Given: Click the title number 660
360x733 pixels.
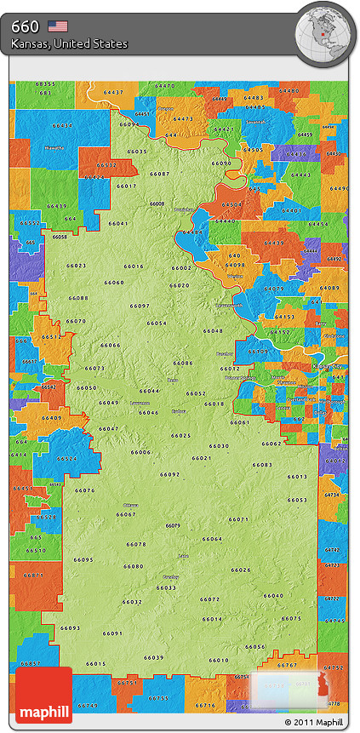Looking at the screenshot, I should [25, 26].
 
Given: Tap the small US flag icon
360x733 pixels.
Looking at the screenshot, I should [58, 26].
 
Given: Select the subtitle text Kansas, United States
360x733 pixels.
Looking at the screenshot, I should [70, 43].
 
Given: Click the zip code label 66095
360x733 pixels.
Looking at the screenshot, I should [83, 559].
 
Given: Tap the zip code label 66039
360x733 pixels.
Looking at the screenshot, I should [154, 657].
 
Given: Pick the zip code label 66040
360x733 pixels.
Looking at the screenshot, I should [273, 595].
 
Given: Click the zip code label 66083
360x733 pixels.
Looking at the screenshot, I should [262, 465].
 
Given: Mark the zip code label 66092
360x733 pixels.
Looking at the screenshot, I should [169, 474].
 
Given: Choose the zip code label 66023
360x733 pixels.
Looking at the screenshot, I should [76, 266].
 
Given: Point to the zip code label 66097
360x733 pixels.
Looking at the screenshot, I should [140, 306].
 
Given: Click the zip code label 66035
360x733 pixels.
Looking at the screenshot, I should [137, 152].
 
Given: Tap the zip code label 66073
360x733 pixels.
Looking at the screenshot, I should [94, 369].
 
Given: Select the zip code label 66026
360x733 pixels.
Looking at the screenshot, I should [242, 570].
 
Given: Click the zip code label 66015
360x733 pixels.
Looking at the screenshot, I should [96, 664].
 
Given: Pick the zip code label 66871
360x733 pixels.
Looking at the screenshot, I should [33, 576].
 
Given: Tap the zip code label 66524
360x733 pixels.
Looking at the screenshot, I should [66, 459].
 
